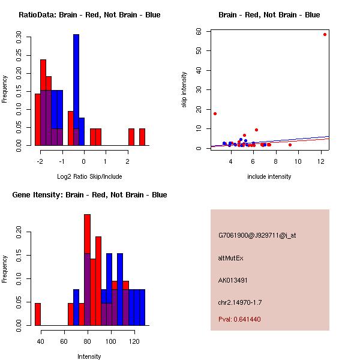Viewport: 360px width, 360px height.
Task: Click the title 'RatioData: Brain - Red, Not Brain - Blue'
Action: (x=89, y=15)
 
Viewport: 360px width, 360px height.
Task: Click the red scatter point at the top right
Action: (x=325, y=34)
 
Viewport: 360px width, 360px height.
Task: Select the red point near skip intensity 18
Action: (x=215, y=113)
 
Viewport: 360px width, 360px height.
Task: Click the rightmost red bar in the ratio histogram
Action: (x=142, y=137)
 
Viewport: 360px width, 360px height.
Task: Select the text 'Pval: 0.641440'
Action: (x=239, y=319)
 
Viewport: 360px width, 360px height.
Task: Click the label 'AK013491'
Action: (x=233, y=280)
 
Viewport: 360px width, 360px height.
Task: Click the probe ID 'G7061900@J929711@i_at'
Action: (x=257, y=235)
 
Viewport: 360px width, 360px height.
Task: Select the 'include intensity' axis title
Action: (x=269, y=176)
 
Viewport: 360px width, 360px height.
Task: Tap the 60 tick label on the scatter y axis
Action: (x=199, y=32)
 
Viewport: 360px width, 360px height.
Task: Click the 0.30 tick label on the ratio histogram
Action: (x=19, y=37)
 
